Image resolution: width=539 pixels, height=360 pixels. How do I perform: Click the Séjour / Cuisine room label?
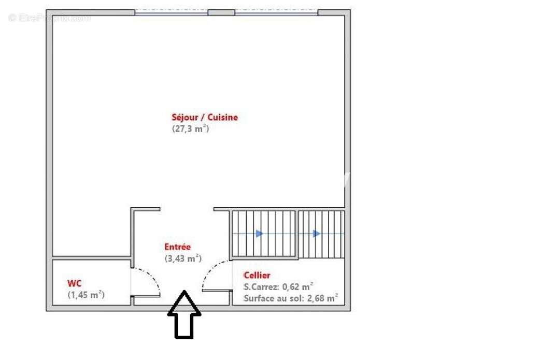[x=205, y=118]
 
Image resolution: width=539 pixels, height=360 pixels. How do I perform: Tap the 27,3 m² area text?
[x=190, y=129]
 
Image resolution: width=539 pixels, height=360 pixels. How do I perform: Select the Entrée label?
[x=178, y=247]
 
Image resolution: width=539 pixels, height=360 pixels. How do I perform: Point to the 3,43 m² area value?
[x=183, y=258]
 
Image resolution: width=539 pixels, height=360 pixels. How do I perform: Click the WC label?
[x=74, y=283]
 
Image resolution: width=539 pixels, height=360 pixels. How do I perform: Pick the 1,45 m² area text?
[x=86, y=295]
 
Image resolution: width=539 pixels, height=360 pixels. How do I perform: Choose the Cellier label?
[x=257, y=276]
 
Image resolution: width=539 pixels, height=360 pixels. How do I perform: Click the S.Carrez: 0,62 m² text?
[x=278, y=286]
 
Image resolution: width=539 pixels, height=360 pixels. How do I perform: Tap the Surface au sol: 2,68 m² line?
[x=291, y=298]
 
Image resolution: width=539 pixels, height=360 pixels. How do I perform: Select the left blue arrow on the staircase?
[x=259, y=234]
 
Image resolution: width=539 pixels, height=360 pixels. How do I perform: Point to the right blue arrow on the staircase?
[x=316, y=234]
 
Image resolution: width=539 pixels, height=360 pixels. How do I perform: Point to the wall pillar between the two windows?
[x=221, y=12]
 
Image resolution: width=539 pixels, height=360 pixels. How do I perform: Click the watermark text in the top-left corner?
[x=49, y=18]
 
